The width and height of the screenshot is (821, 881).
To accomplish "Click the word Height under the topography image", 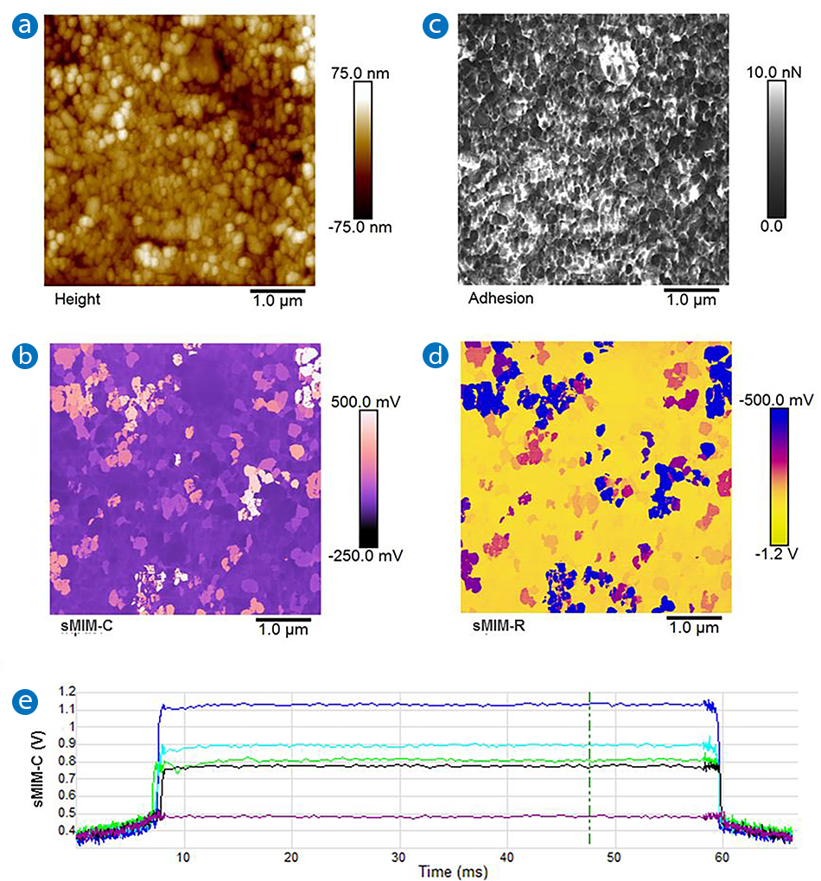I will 78,299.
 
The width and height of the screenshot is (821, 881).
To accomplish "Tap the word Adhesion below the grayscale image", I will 500,299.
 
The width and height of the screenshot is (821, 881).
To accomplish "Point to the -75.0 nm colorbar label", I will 362,227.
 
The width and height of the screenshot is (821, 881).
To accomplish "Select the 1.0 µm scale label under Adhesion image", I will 692,300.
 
